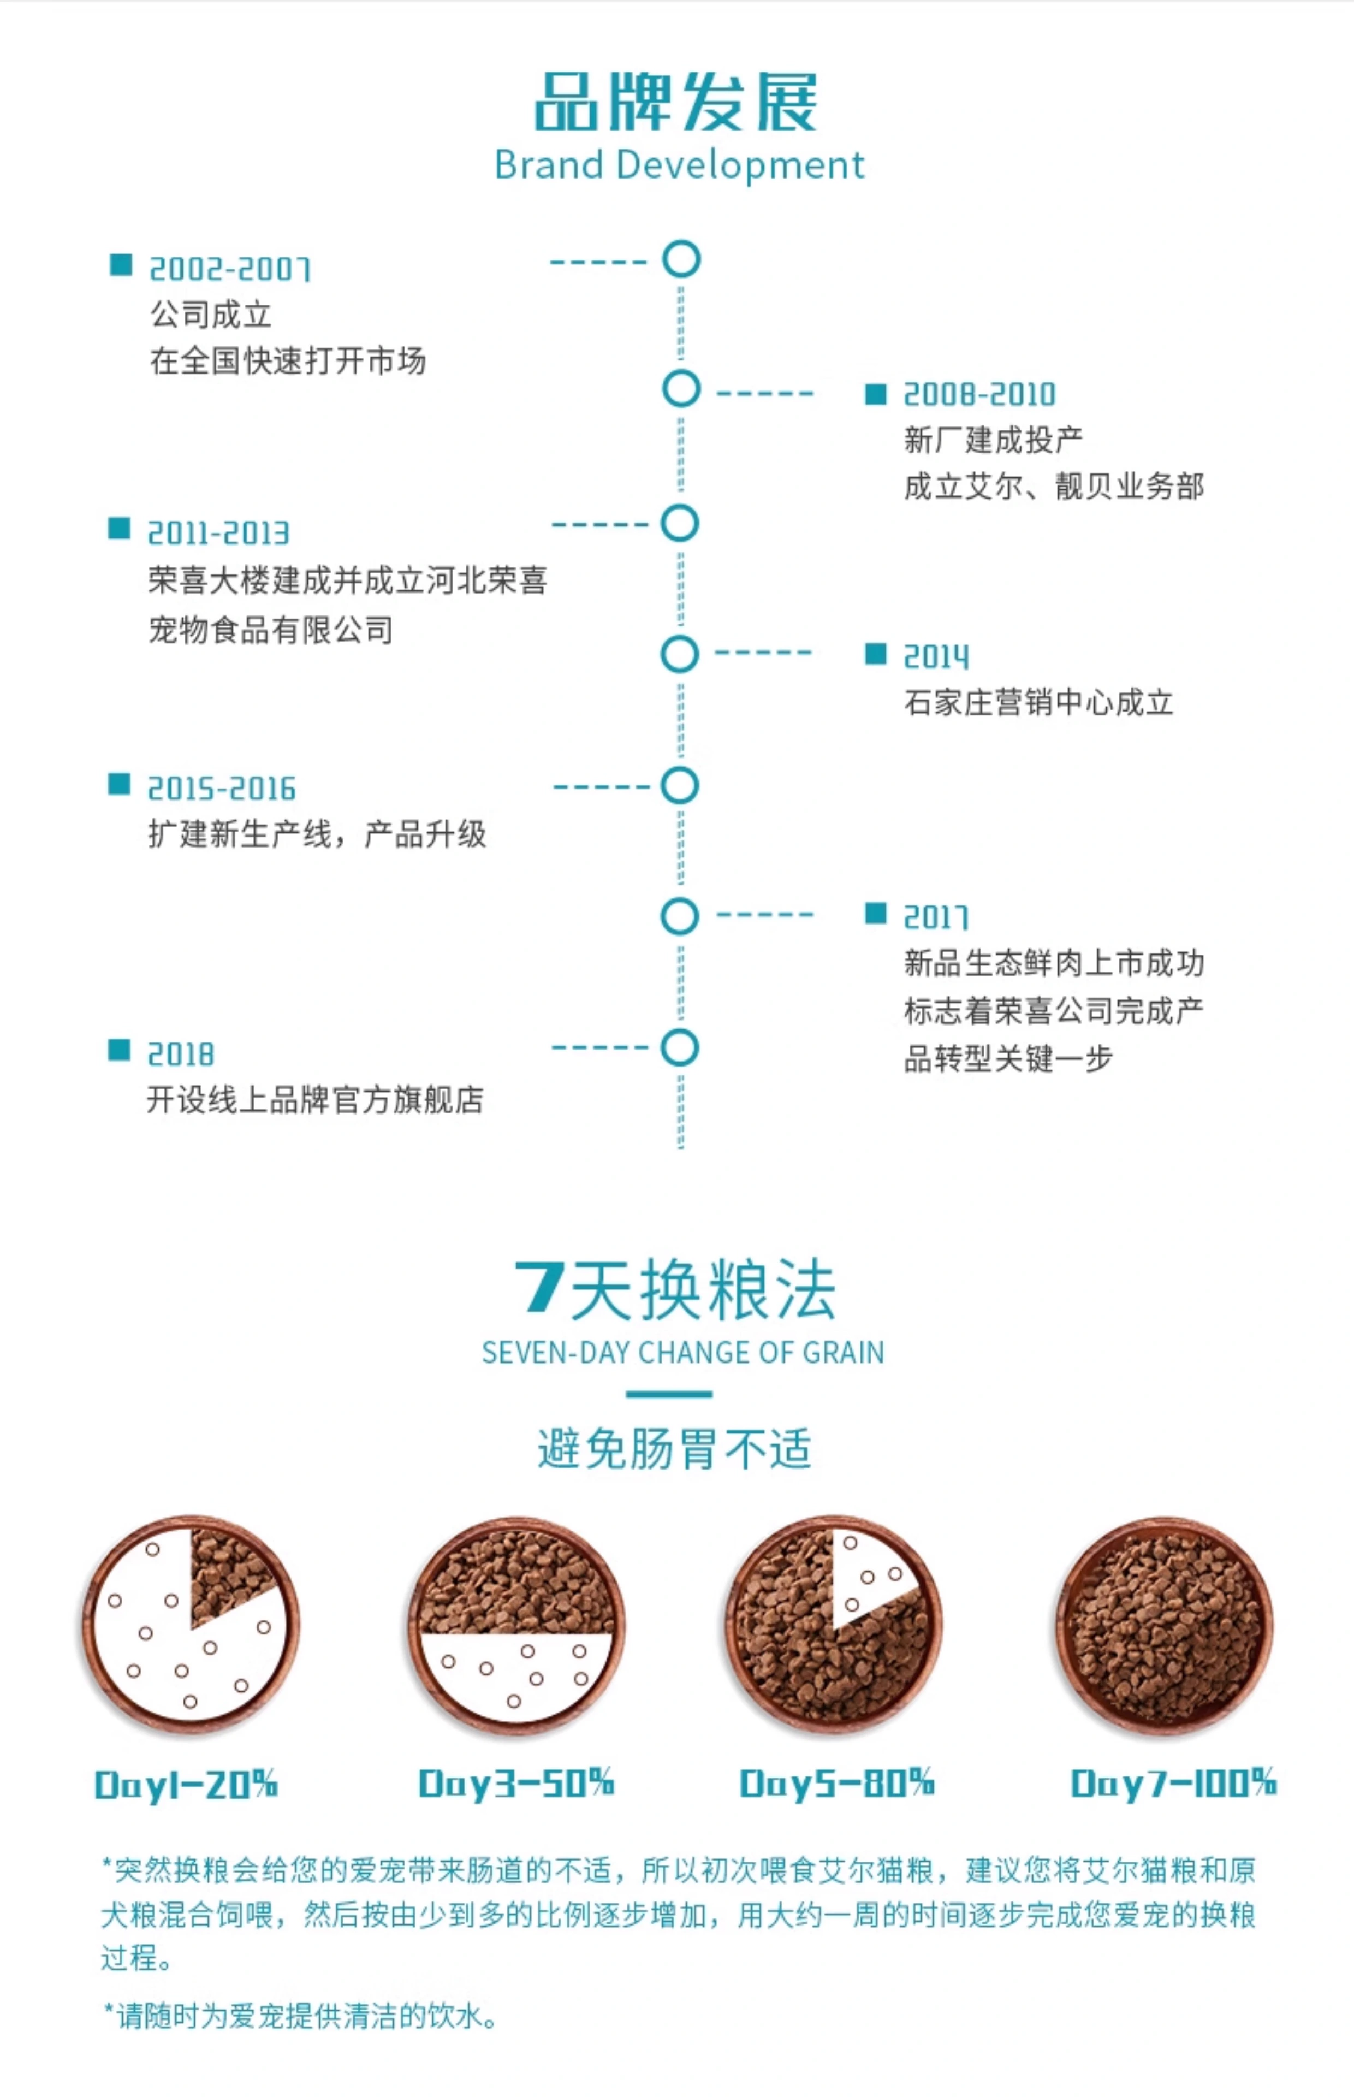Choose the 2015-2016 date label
point(222,789)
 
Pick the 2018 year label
point(180,1054)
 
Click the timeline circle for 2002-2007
point(680,259)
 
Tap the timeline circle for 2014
point(680,654)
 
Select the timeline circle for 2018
point(680,1048)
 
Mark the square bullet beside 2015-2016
point(118,784)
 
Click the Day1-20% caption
point(186,1784)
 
